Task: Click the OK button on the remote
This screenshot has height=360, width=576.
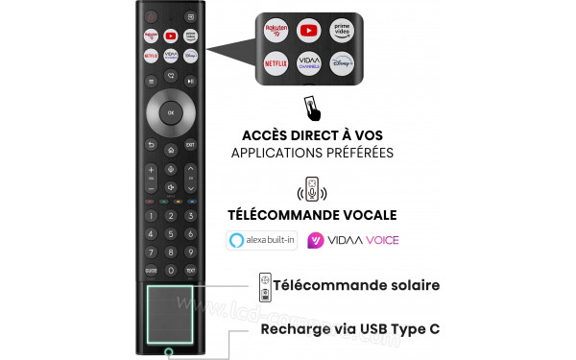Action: pos(170,112)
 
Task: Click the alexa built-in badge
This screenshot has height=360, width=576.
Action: pos(261,240)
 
